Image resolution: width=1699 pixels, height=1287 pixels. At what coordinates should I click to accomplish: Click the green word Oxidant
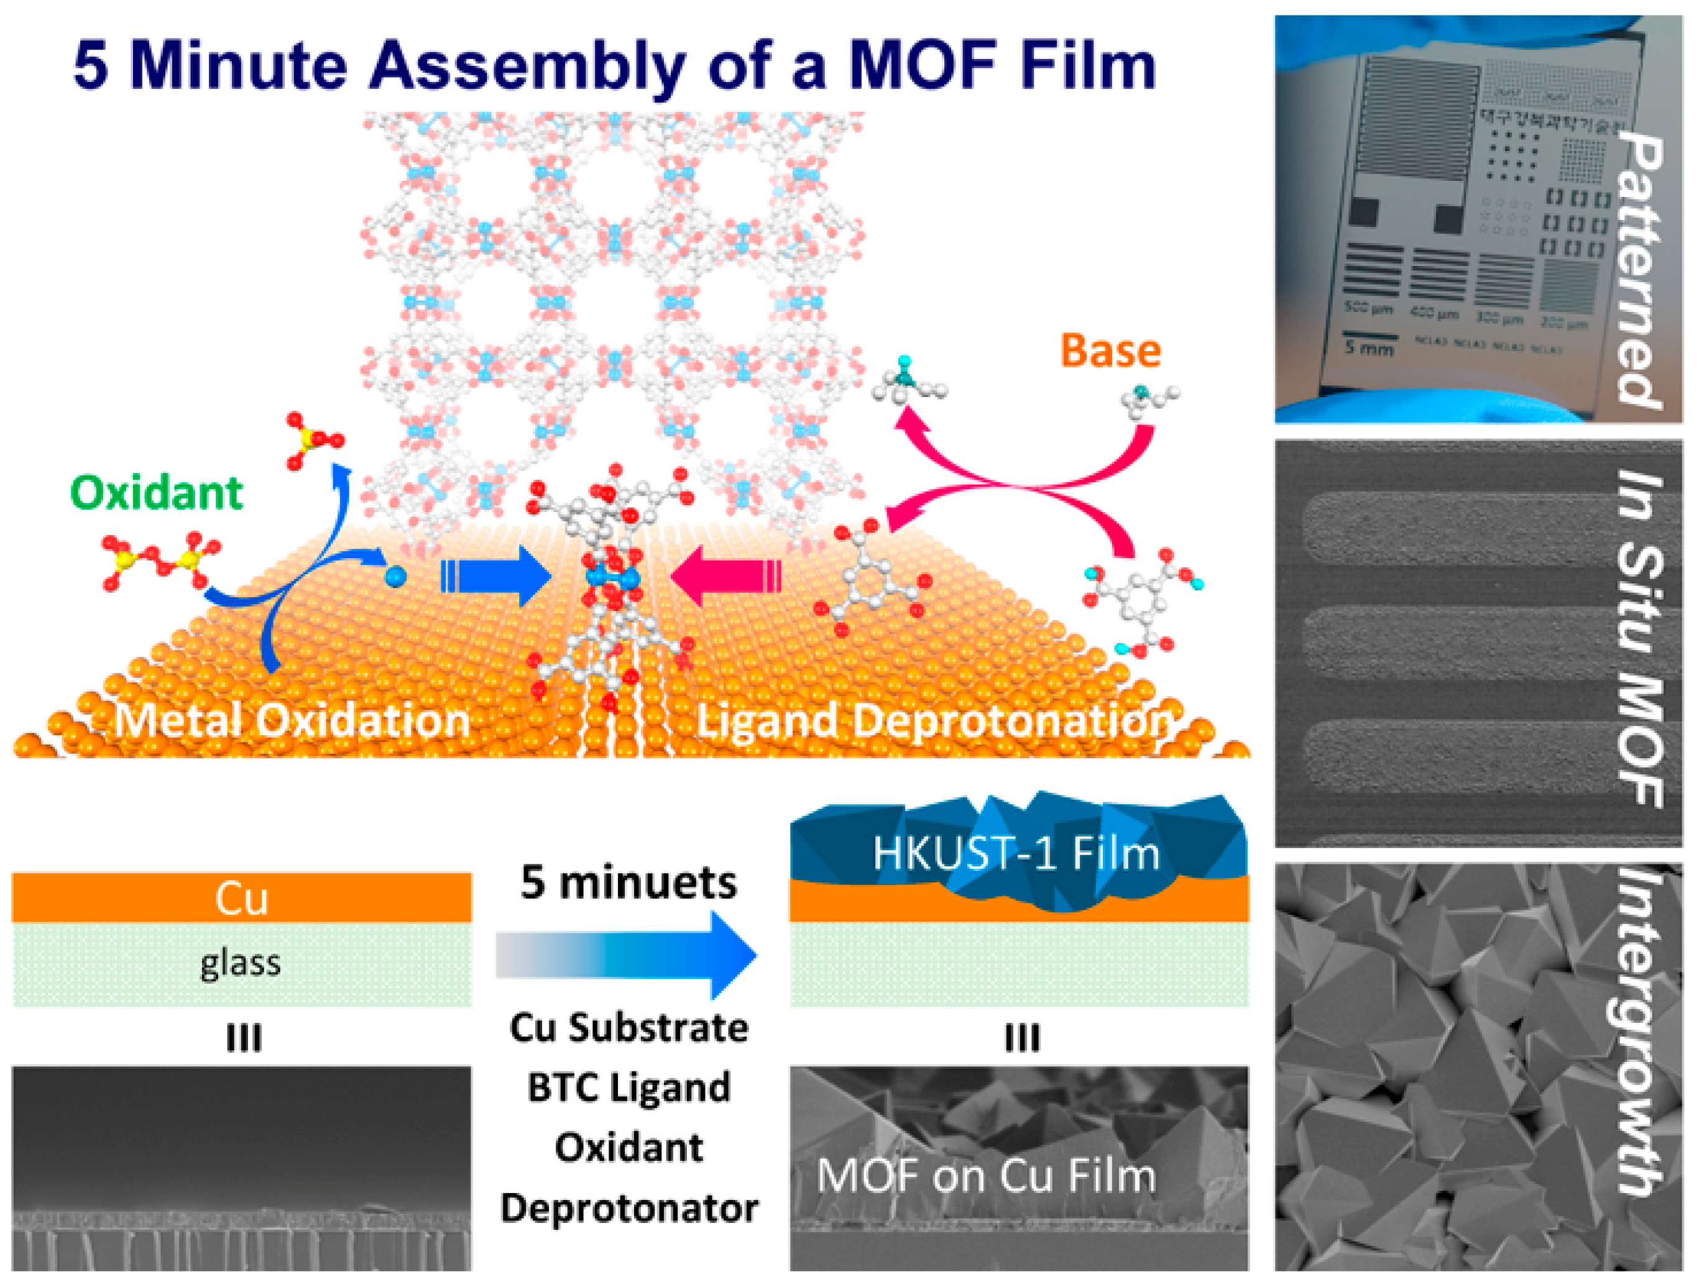pos(157,492)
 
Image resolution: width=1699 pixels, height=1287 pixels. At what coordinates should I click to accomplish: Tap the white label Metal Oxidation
pos(292,720)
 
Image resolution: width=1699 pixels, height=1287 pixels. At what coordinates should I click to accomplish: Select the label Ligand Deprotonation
pos(934,720)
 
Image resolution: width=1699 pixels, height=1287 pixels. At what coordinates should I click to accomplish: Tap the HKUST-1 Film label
pos(1015,853)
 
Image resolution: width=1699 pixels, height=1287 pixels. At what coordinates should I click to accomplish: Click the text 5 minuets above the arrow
pos(628,882)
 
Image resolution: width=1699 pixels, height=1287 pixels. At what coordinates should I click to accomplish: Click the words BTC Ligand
pos(628,1088)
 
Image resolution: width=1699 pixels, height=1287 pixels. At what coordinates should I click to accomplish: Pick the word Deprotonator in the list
pos(628,1209)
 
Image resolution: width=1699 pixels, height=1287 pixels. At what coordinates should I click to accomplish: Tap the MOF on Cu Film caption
pos(985,1176)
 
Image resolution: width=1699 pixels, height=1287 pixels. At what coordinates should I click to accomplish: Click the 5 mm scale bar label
pos(1369,349)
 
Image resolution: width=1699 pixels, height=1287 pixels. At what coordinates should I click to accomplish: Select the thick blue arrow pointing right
pos(495,576)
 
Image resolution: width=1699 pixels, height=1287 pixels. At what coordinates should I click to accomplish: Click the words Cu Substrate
pos(628,1027)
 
